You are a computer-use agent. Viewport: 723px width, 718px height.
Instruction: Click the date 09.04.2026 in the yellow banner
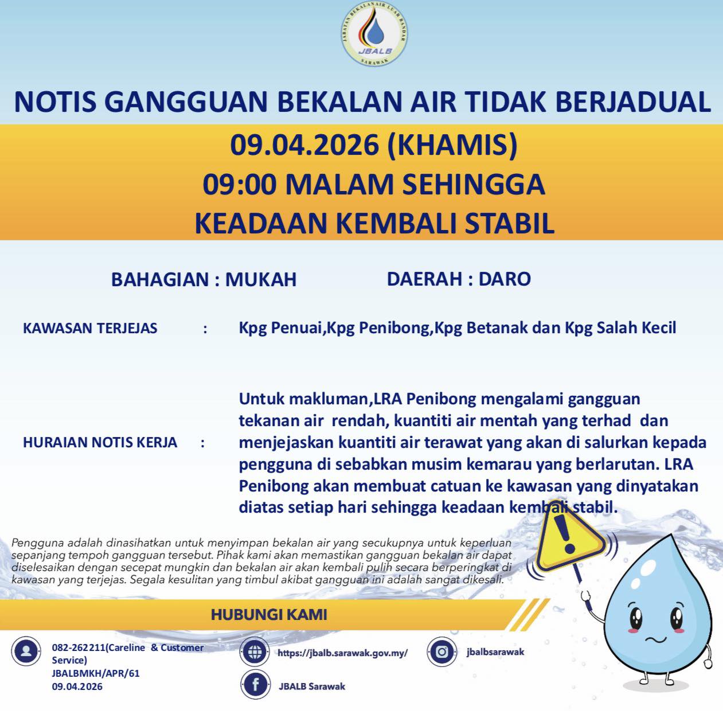click(x=304, y=145)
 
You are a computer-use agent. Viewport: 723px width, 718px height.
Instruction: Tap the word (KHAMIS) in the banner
click(x=452, y=145)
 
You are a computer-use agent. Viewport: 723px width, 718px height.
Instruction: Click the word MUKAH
click(x=261, y=279)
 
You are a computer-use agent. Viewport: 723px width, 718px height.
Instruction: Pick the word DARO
click(x=505, y=279)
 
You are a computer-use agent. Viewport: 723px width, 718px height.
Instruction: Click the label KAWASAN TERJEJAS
click(x=90, y=329)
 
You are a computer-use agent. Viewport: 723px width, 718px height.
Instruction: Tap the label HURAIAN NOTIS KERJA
click(x=100, y=443)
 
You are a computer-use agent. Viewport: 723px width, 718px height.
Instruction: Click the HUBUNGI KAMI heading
click(x=269, y=615)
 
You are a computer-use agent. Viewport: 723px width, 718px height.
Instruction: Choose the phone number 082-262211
click(x=79, y=647)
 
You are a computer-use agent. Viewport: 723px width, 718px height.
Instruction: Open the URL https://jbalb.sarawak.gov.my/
click(x=343, y=653)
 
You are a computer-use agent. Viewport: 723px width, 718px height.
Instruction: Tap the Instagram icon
click(x=441, y=651)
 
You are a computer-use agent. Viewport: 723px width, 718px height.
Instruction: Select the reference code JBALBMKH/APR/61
click(x=96, y=673)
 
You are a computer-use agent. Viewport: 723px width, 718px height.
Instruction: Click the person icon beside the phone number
click(x=26, y=651)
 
